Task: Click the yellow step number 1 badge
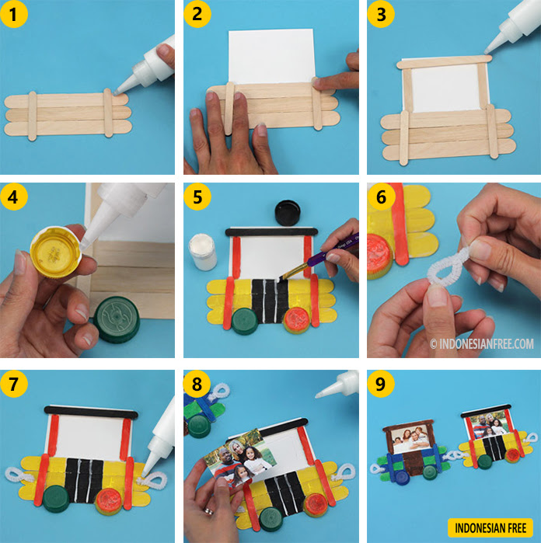[13, 14]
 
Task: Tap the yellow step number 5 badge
[197, 197]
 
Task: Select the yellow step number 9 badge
[381, 384]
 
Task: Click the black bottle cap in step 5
[288, 213]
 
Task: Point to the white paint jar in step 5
[202, 252]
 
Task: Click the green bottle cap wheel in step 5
[245, 321]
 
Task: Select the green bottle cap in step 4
[117, 319]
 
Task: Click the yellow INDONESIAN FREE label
[490, 527]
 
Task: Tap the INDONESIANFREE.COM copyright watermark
[482, 344]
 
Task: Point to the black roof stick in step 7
[91, 412]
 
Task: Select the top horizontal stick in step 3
[444, 61]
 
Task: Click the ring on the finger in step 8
[208, 511]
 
